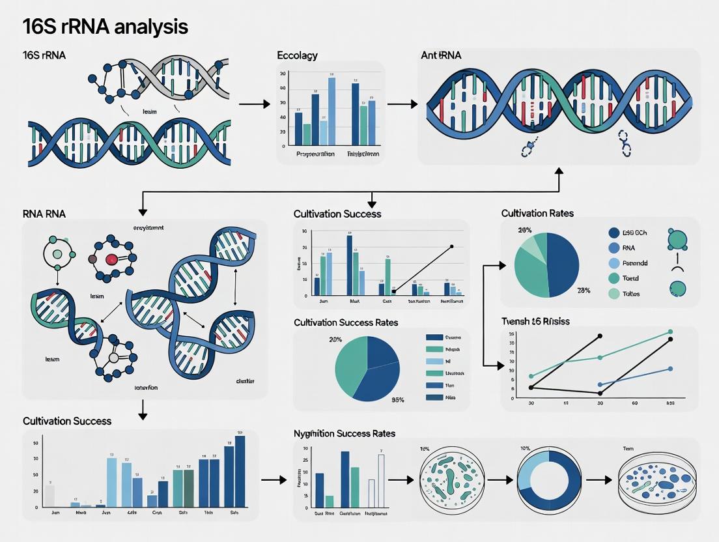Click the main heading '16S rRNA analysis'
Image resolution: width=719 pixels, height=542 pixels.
(x=105, y=27)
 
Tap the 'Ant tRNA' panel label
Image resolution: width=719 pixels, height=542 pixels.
(x=441, y=55)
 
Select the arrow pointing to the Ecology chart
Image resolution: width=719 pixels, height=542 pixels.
(x=254, y=104)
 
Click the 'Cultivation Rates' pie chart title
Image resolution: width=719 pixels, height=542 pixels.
(x=537, y=213)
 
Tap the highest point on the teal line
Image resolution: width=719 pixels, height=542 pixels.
(x=670, y=332)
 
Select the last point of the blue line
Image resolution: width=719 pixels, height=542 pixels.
(x=670, y=369)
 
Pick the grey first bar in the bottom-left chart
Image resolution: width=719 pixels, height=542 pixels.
(x=49, y=496)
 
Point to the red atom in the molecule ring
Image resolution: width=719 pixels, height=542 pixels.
(x=111, y=259)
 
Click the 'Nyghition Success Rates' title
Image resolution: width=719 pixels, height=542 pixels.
(x=345, y=433)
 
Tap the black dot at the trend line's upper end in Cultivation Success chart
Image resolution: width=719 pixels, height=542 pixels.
(x=452, y=247)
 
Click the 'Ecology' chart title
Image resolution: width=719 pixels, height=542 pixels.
(x=297, y=55)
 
